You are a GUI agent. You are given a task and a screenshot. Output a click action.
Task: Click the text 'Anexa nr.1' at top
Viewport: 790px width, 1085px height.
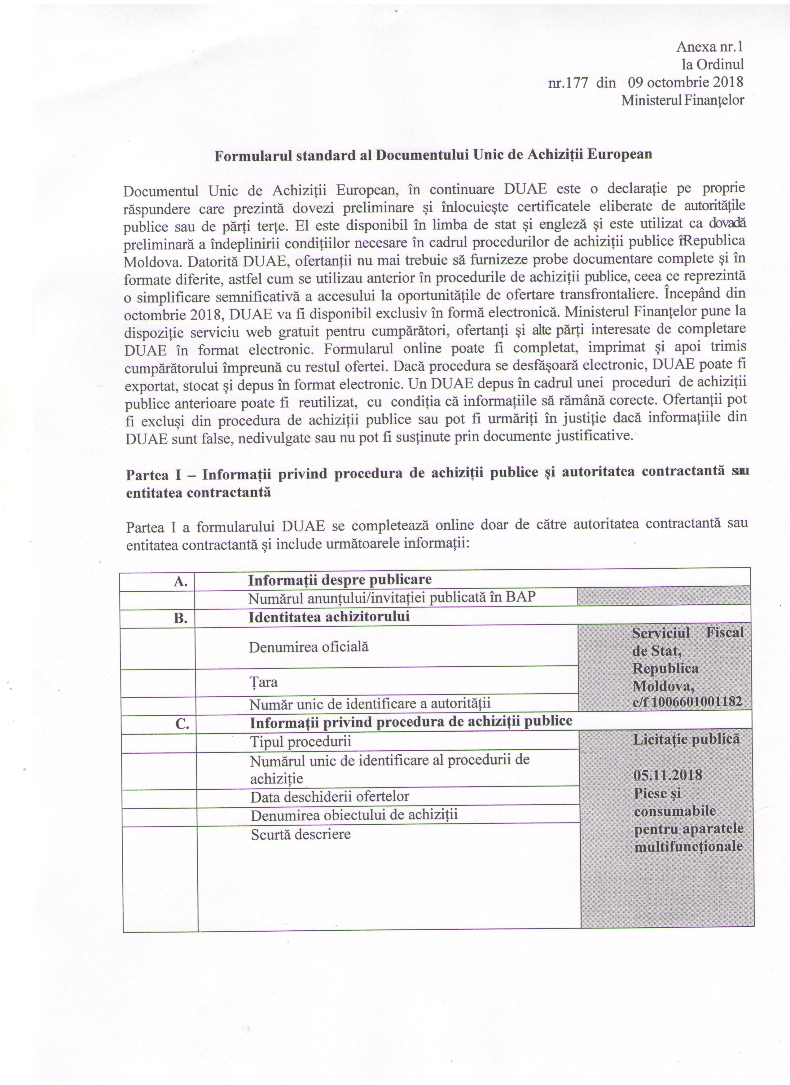tap(710, 47)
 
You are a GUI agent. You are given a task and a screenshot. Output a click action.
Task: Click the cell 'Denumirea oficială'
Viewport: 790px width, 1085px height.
tap(309, 647)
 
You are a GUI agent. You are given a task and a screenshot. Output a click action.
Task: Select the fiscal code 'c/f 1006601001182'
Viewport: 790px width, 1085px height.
tap(687, 702)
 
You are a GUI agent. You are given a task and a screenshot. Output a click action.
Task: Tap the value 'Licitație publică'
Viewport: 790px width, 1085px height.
tap(687, 739)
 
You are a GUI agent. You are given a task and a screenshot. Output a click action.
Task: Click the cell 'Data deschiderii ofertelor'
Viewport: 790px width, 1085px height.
tap(330, 796)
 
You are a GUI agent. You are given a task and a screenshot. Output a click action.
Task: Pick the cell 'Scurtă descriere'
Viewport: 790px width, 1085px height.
tap(300, 834)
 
